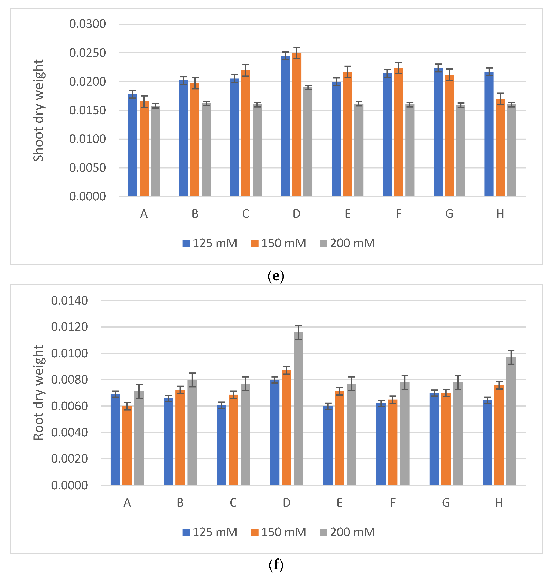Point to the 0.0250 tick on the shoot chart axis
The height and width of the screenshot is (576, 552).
[x=87, y=53]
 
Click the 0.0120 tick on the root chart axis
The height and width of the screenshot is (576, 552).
[x=69, y=327]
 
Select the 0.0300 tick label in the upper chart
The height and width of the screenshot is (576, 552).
[x=87, y=24]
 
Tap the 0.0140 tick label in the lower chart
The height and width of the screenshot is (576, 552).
[x=69, y=301]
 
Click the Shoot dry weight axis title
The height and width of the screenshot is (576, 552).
[x=38, y=111]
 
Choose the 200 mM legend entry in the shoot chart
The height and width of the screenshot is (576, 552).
[x=348, y=243]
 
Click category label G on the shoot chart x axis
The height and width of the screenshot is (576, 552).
[x=449, y=214]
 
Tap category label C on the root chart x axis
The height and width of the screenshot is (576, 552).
[x=233, y=503]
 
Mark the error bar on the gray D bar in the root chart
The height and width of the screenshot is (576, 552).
[x=298, y=332]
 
